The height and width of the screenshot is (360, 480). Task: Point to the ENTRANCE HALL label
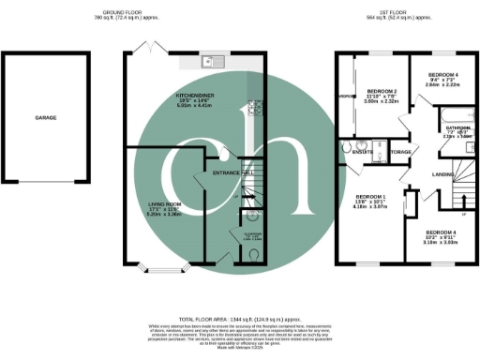pyautogui.click(x=233, y=174)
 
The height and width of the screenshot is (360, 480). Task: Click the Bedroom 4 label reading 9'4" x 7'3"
pyautogui.click(x=443, y=77)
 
